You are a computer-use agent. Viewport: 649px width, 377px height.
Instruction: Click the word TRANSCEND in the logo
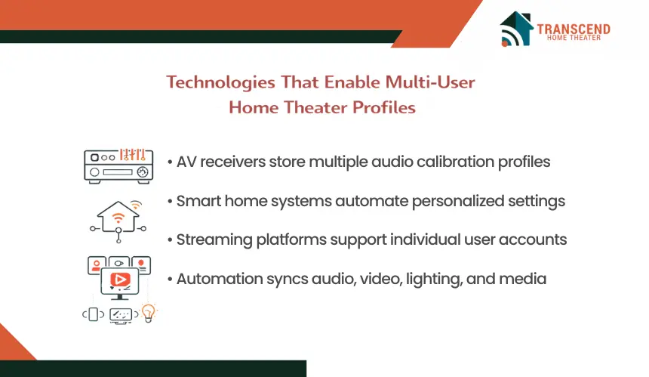(574, 29)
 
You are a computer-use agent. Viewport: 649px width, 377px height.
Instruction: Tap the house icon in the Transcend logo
(516, 29)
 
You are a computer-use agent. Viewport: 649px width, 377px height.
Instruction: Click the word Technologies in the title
(220, 82)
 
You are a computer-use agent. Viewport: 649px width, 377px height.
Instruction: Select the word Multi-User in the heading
(430, 82)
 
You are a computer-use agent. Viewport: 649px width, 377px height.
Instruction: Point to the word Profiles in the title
(383, 107)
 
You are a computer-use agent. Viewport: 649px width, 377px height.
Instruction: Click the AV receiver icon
(118, 165)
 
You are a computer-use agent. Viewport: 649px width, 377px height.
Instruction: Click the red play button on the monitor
(120, 280)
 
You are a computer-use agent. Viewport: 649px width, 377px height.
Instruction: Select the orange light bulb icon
(148, 313)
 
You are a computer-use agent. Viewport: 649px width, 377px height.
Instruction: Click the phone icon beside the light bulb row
(94, 314)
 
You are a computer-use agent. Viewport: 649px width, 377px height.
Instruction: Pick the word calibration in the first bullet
(455, 162)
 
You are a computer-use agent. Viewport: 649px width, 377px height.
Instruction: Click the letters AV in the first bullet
(186, 162)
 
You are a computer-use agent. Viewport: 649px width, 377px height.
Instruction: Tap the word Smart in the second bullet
(198, 201)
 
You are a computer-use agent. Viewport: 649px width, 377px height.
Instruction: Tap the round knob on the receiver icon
(143, 172)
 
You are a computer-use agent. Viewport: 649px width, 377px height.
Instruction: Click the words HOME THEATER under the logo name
(574, 38)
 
